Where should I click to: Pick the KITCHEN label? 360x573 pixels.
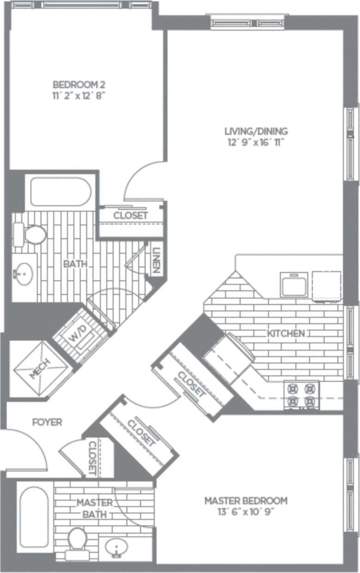point(286,333)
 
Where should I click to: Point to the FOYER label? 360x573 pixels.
point(47,422)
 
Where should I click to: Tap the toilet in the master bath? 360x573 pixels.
point(77,541)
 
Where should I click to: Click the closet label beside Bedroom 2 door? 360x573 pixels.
point(131,216)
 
